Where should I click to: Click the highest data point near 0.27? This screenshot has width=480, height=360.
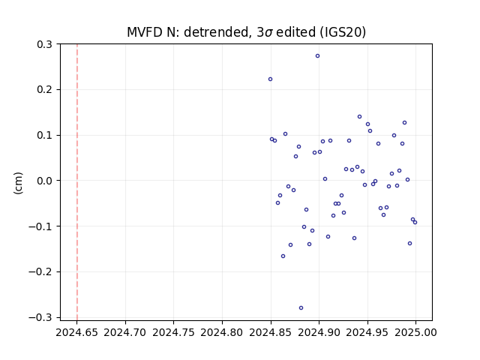click(317, 56)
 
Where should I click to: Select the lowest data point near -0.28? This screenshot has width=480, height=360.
click(301, 308)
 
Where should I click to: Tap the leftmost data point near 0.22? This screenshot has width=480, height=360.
click(270, 79)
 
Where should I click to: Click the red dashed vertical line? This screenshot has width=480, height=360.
click(77, 182)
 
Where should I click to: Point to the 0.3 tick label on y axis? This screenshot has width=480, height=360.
click(44, 44)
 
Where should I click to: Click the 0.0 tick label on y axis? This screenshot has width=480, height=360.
click(44, 181)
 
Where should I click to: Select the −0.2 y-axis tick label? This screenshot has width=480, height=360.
click(40, 271)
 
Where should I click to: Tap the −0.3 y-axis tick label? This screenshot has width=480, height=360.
click(40, 317)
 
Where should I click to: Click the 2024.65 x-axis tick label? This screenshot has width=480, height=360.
click(76, 332)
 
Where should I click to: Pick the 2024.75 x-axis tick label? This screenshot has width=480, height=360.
click(173, 332)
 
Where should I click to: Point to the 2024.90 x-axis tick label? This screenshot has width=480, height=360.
click(319, 332)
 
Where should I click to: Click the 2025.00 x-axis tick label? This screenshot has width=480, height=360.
click(415, 332)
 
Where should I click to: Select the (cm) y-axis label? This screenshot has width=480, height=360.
click(18, 183)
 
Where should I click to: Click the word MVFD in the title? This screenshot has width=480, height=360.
click(145, 32)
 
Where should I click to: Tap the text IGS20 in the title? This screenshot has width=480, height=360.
click(343, 32)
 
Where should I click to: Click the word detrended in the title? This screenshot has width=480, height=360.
click(216, 32)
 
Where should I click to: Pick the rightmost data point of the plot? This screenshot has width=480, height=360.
click(415, 222)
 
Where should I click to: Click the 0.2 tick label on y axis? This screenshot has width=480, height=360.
click(44, 90)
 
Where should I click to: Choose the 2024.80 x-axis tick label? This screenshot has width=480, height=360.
click(222, 332)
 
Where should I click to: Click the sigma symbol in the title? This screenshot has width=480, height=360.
click(268, 33)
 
